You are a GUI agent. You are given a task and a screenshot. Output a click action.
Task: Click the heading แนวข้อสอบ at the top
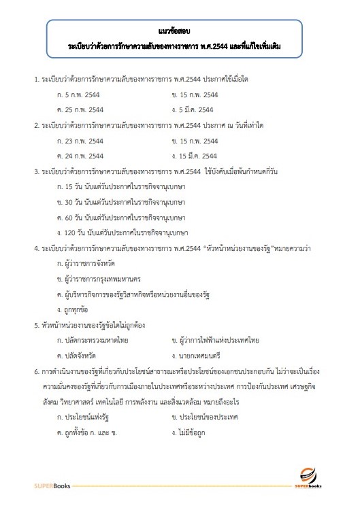click(x=180, y=33)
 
